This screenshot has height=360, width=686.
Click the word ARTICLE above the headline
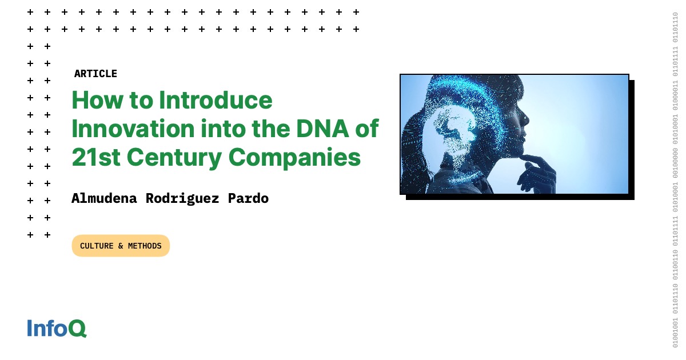(x=95, y=74)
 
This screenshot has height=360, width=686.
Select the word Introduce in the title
(x=216, y=101)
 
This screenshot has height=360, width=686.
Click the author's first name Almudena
(x=105, y=198)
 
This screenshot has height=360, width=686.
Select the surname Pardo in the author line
(x=248, y=198)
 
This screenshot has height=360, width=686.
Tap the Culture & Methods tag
(x=121, y=246)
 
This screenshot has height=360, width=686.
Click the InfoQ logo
(x=57, y=328)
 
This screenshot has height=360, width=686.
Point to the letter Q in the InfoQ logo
(x=78, y=329)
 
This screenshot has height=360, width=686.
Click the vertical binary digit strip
(x=675, y=180)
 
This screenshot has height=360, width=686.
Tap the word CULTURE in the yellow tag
(x=97, y=246)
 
